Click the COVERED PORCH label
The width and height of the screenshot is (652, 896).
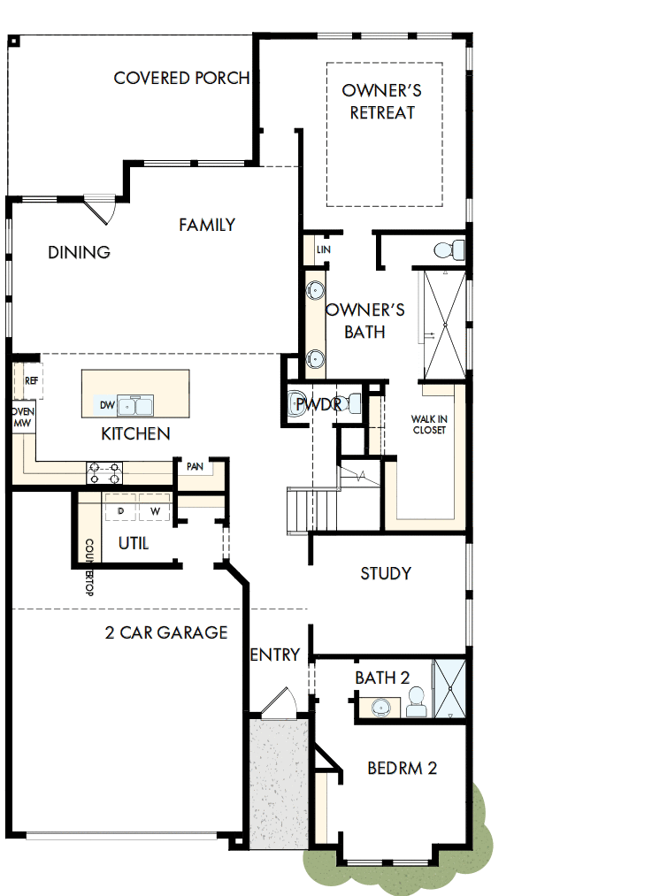(x=181, y=78)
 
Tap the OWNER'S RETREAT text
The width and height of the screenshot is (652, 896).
(x=381, y=102)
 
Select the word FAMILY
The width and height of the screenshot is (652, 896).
(x=207, y=225)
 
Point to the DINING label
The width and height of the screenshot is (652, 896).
(x=79, y=253)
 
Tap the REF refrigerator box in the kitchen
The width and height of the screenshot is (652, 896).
(x=32, y=380)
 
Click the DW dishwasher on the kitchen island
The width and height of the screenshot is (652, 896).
(x=108, y=405)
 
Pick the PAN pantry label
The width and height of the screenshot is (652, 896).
(x=195, y=465)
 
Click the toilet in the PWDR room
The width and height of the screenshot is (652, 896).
(x=298, y=402)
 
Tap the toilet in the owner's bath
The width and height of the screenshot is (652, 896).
(x=450, y=249)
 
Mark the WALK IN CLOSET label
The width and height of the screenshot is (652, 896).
(x=428, y=425)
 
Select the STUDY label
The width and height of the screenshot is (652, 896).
(x=386, y=573)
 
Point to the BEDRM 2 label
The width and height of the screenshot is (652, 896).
(x=402, y=768)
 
